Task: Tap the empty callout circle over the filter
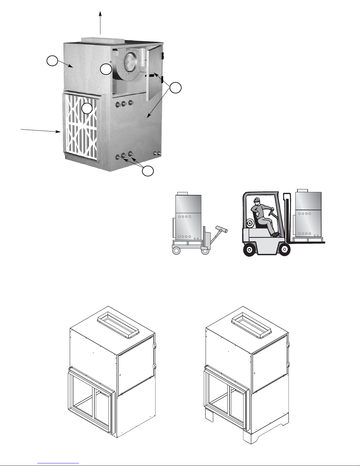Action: pos(87,108)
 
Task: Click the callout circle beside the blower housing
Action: pos(106,69)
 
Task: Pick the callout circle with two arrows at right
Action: pos(176,88)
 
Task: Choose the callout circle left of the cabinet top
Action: pos(52,62)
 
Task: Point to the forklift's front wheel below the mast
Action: pos(284,250)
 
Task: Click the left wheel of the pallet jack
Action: pos(176,250)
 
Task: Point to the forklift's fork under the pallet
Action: pos(312,243)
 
